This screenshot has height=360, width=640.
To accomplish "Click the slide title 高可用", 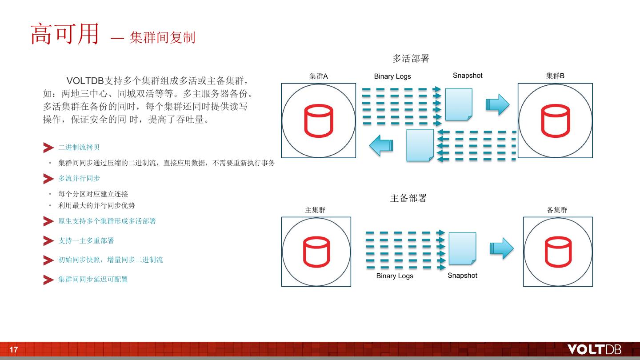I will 64,34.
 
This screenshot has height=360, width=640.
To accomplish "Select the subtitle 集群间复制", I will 162,37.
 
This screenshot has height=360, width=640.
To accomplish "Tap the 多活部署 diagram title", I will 411,58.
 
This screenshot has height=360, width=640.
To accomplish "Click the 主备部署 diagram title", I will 408,198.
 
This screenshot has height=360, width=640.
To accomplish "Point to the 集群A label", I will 319,76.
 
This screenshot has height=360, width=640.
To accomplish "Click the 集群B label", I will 555,76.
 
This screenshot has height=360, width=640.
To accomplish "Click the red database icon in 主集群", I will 316,252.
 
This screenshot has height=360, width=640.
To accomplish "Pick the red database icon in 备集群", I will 558,252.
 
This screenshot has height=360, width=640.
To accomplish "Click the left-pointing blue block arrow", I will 381,145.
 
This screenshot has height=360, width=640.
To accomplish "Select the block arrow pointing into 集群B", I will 497,104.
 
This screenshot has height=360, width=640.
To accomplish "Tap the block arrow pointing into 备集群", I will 502,248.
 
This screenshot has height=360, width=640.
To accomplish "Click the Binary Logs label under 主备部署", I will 395,276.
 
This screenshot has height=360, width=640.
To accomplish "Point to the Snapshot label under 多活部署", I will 468,76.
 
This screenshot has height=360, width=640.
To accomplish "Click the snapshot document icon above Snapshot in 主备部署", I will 462,248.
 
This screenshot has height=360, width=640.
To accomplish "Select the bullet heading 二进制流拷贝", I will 79,148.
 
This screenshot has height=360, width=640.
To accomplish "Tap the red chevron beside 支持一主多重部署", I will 48,240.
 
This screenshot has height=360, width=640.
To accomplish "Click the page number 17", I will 14,350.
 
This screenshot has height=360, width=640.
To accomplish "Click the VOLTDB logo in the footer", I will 594,349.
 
